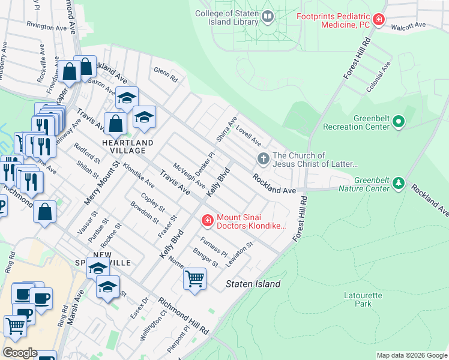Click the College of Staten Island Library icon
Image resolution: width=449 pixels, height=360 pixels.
(268, 17)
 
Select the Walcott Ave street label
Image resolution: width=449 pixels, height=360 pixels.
(408, 26)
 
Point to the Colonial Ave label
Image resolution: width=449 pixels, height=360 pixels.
(378, 77)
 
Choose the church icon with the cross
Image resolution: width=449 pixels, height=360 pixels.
(262, 160)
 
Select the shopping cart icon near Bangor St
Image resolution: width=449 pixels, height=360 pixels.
(194, 279)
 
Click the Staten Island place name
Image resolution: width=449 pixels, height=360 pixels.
(253, 284)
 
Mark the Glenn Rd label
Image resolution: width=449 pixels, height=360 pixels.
(166, 74)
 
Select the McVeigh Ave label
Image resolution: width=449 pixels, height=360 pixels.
(189, 175)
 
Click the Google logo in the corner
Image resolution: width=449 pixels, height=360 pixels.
(20, 353)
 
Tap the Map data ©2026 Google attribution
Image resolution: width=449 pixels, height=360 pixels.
(412, 355)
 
